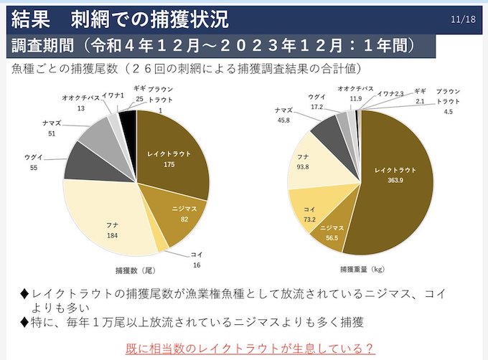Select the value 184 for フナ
pos(112,235)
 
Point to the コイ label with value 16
pos(197,260)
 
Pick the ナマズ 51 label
pos(52,128)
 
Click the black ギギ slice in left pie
pos(128,120)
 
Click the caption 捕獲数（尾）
pos(135,270)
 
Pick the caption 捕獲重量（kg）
pos(362,270)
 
